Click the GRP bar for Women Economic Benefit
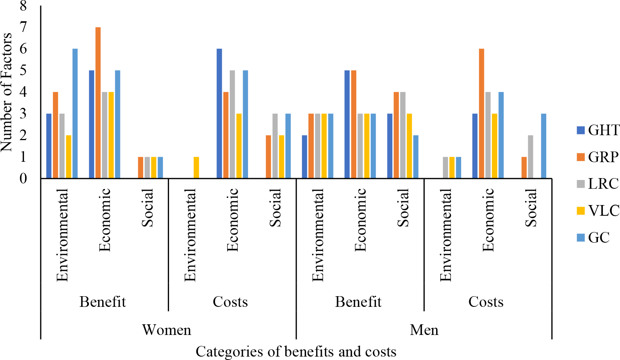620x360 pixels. pyautogui.click(x=98, y=103)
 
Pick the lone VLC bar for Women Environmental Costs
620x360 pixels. pyautogui.click(x=196, y=167)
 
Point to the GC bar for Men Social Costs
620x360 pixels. pyautogui.click(x=544, y=146)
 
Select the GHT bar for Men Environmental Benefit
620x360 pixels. pyautogui.click(x=304, y=156)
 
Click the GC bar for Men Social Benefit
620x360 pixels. pyautogui.click(x=416, y=156)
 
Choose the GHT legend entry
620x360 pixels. pyautogui.click(x=598, y=130)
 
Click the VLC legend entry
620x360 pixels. pyautogui.click(x=598, y=210)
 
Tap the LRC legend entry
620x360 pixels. pyautogui.click(x=598, y=184)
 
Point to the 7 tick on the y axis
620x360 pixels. pyautogui.click(x=24, y=27)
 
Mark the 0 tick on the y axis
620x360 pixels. pyautogui.click(x=24, y=178)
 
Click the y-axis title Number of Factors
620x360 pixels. pyautogui.click(x=7, y=92)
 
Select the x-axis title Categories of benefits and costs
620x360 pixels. pyautogui.click(x=296, y=352)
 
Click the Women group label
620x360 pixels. pyautogui.click(x=167, y=330)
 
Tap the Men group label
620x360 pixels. pyautogui.click(x=424, y=330)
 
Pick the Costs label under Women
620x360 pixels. pyautogui.click(x=230, y=302)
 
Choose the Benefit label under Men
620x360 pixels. pyautogui.click(x=358, y=302)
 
